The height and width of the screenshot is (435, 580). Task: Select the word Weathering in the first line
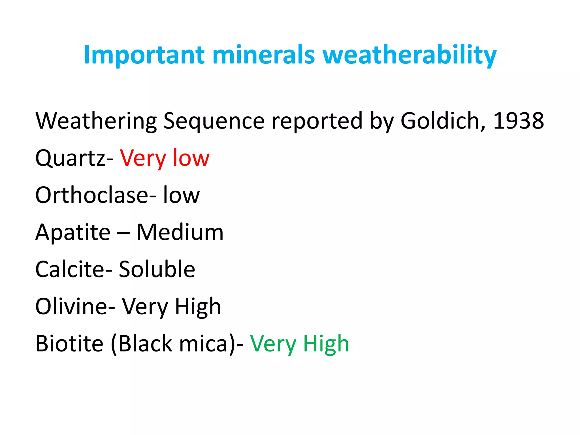(x=96, y=121)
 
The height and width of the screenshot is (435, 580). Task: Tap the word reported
(x=317, y=121)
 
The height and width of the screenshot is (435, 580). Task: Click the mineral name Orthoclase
(x=92, y=195)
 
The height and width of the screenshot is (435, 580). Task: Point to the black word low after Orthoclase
(x=181, y=195)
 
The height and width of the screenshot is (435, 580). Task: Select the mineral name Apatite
(x=73, y=233)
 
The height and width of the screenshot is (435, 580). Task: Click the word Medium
(x=180, y=233)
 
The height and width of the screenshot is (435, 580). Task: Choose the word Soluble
(x=157, y=269)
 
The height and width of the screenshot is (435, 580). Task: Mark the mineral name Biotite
(x=69, y=344)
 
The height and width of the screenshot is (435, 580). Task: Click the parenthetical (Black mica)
(x=173, y=344)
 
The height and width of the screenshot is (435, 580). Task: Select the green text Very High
(x=299, y=344)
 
